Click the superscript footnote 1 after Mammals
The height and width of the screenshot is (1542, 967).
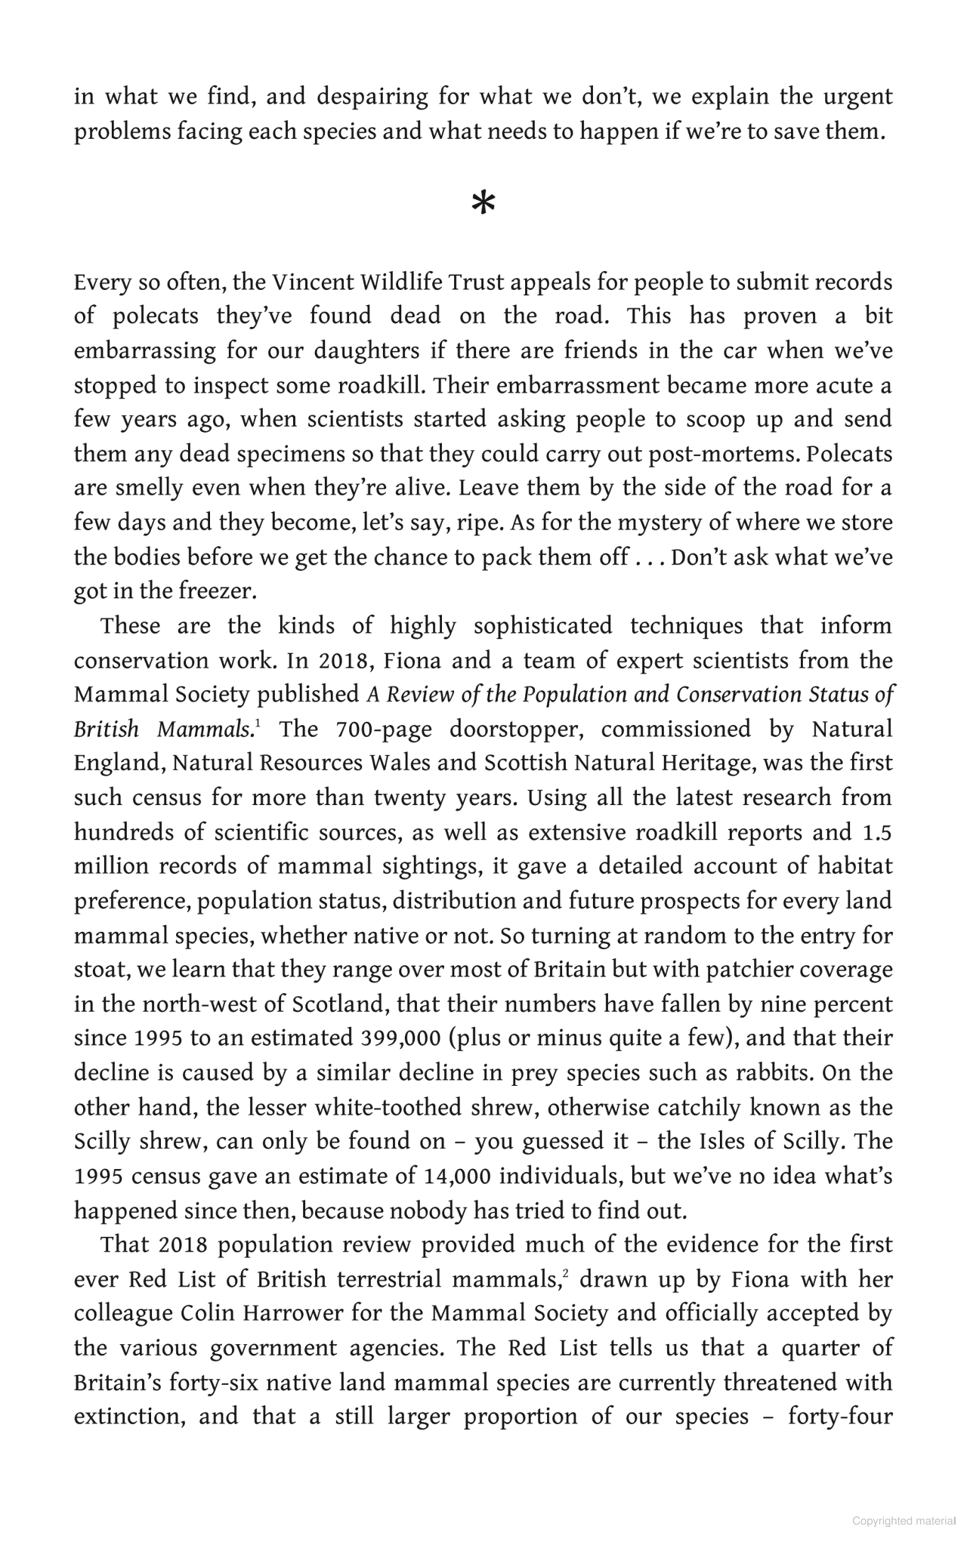(258, 724)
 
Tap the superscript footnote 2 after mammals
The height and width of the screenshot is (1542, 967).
(564, 1274)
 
